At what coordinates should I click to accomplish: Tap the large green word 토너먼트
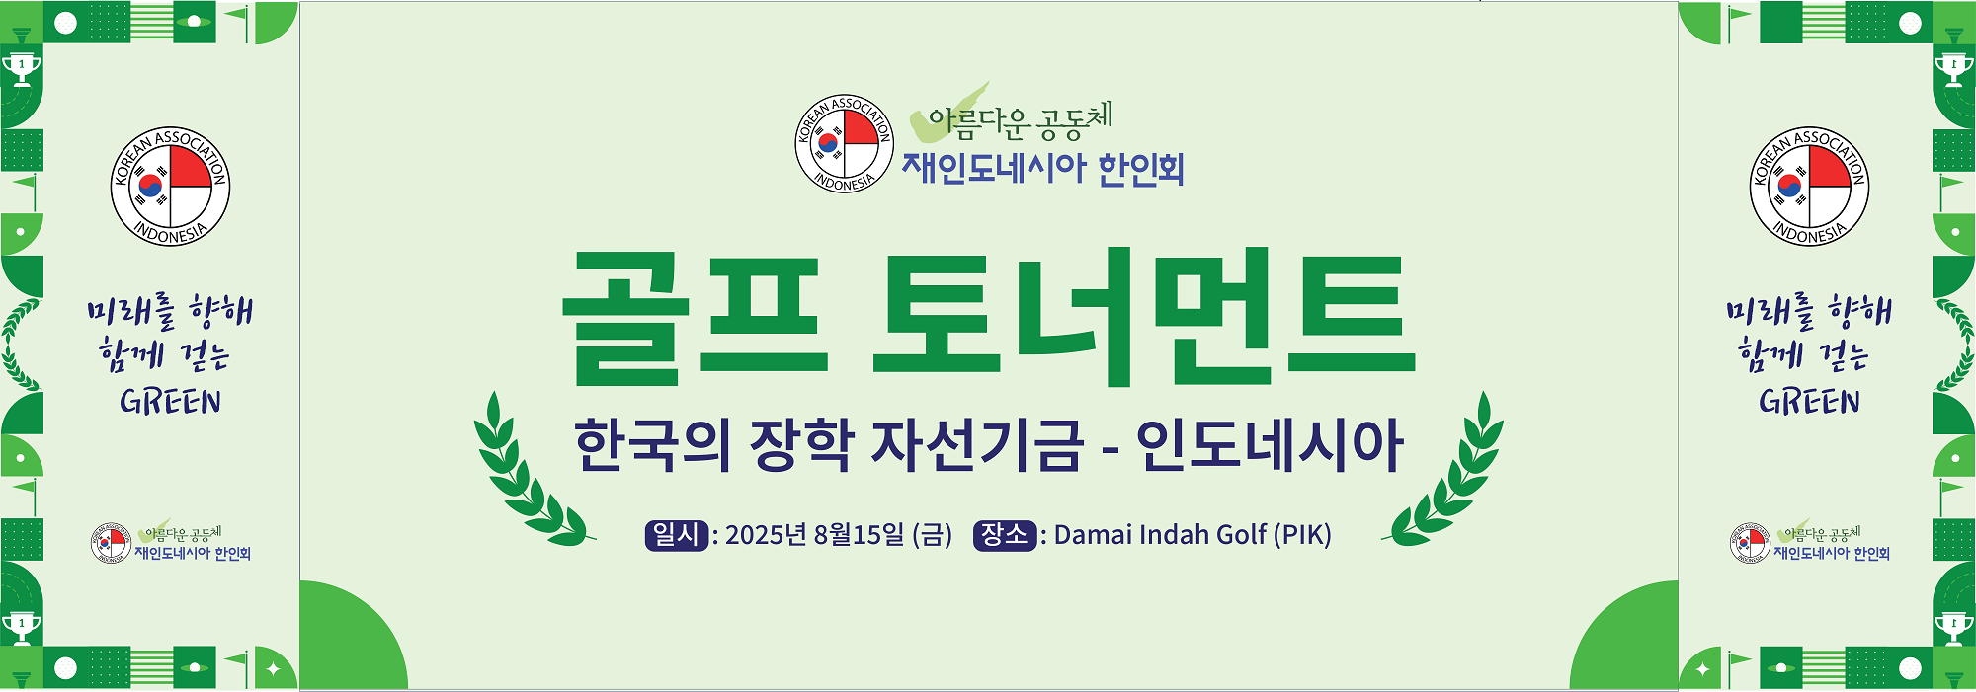pos(1145,316)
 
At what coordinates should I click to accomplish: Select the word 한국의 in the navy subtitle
pos(652,444)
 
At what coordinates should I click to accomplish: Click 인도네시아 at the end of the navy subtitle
pos(1270,444)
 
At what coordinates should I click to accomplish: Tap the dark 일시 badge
pos(676,535)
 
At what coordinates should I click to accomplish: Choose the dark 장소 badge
pos(1004,535)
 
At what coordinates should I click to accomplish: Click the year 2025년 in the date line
pos(766,535)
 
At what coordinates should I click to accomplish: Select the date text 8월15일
pos(859,535)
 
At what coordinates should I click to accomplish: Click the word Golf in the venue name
pos(1241,535)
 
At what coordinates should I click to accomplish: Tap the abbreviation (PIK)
pos(1302,535)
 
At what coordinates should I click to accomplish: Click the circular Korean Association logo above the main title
pos(845,144)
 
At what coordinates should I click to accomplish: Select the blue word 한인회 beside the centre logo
pos(1141,169)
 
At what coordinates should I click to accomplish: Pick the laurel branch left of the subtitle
pos(531,470)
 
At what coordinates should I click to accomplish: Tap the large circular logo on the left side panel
pos(170,187)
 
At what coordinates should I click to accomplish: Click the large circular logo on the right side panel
pos(1809,187)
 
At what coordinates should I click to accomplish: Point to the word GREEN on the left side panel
pos(170,402)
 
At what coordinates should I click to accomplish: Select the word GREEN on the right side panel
pos(1809,402)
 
